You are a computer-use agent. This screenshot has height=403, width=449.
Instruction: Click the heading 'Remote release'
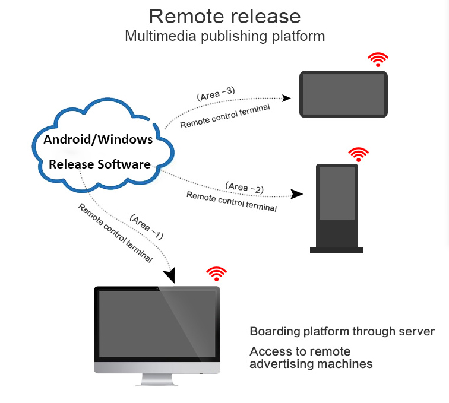pos(224,16)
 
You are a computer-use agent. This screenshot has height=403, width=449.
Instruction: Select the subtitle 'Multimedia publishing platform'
pos(224,37)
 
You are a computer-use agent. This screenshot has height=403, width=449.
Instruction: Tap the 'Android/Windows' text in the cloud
pos(98,139)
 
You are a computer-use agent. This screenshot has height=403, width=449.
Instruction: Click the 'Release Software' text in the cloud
pos(100,164)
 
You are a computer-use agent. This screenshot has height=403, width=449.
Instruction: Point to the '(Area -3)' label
pos(216,94)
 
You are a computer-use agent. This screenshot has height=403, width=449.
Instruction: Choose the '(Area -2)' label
pos(245,188)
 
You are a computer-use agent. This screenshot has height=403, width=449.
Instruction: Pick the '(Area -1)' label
pos(147,227)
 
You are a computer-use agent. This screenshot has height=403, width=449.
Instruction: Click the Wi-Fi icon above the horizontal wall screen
pos(378,59)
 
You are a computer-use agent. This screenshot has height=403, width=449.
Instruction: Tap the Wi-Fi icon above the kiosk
pos(358,154)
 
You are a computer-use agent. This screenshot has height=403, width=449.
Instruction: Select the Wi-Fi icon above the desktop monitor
pos(216,274)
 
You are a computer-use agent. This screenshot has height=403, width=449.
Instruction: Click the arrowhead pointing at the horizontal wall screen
pos(286,98)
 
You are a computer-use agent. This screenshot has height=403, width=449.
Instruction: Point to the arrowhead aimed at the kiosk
pos(297,194)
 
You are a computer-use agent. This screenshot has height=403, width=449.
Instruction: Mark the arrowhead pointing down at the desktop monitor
pos(169,275)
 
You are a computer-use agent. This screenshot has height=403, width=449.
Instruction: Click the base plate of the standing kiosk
pos(337,250)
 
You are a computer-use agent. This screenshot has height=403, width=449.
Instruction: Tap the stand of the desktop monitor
pos(157,380)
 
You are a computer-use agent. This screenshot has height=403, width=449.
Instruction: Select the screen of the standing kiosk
pos(337,193)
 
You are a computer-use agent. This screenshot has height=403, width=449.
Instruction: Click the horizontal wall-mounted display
pos(343,94)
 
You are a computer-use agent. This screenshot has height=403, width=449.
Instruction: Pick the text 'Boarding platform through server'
pos(342,331)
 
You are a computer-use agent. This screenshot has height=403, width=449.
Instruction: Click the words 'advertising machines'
pos(311,364)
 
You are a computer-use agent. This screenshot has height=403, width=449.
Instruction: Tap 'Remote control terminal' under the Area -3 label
pos(225,116)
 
